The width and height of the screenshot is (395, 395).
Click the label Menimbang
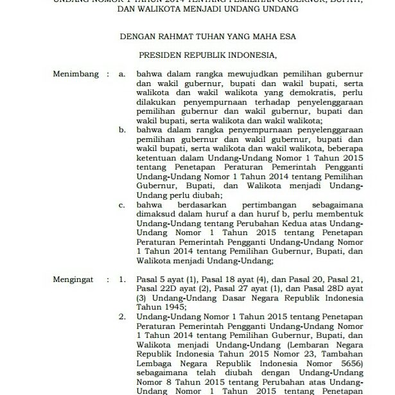click(x=76, y=75)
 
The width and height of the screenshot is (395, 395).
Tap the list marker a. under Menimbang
click(x=123, y=75)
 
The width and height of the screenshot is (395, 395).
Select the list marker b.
click(x=123, y=128)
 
